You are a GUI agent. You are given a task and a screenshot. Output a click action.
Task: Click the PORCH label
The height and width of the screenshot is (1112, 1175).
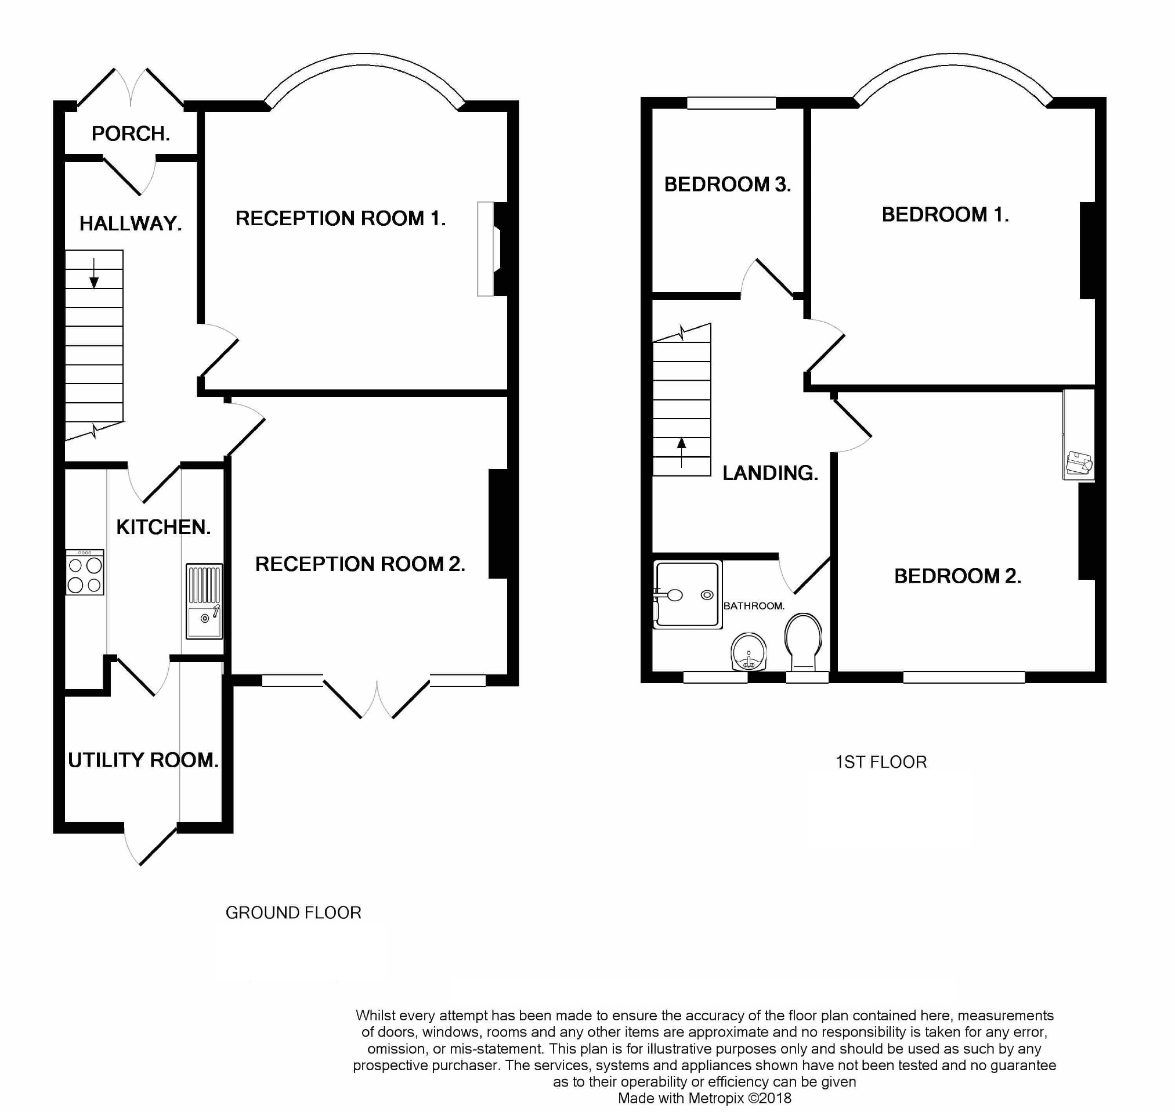(x=131, y=133)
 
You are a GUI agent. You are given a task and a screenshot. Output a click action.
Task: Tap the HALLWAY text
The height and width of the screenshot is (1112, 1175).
(x=131, y=223)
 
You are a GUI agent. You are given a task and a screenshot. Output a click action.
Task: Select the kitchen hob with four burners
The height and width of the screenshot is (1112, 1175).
(x=85, y=572)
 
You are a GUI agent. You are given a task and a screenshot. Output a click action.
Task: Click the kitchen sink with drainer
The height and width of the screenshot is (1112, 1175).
(x=204, y=601)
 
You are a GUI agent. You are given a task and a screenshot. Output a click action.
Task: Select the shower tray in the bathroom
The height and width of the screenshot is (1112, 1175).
(x=688, y=594)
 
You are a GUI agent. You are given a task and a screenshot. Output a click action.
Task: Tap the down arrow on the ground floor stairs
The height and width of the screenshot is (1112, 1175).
(x=93, y=274)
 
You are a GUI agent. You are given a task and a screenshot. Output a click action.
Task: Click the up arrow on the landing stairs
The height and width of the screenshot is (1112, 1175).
(x=681, y=452)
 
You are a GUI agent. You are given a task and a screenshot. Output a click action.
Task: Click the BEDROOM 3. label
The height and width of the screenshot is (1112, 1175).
(x=727, y=185)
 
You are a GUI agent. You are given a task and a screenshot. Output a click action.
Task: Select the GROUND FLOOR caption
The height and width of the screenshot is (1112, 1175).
(x=293, y=912)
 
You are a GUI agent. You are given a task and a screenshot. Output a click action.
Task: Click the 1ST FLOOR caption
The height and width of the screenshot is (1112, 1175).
(x=880, y=761)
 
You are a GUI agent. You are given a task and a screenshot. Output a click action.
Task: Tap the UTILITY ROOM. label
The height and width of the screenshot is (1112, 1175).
(x=143, y=760)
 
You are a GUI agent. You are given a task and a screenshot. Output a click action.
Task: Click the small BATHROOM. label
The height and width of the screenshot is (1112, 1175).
(x=754, y=606)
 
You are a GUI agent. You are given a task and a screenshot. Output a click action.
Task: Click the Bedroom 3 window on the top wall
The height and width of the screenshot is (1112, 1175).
(x=731, y=103)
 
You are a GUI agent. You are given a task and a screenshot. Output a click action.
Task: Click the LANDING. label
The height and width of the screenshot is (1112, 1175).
(x=770, y=472)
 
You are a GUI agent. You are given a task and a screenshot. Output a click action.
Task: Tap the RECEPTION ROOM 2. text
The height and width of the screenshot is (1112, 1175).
(x=360, y=564)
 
